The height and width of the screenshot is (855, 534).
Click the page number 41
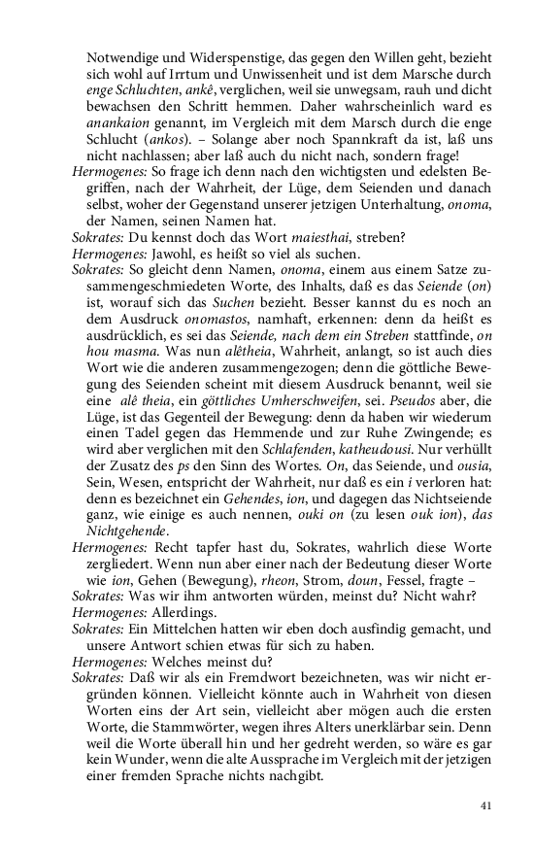[487, 805]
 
